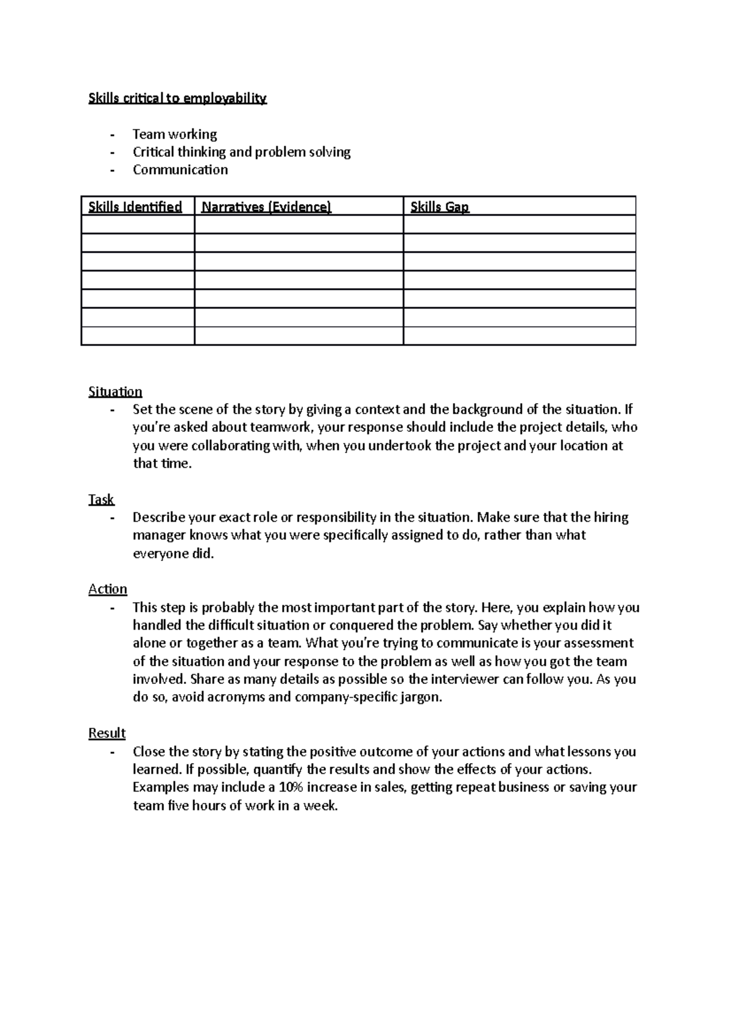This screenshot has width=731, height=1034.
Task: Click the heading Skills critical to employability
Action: tap(177, 98)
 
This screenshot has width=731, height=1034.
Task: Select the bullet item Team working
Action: tap(175, 134)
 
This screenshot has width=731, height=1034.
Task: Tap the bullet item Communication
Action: tap(180, 170)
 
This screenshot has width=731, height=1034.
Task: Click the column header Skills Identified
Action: tap(135, 207)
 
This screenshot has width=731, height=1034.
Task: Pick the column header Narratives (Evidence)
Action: tap(266, 207)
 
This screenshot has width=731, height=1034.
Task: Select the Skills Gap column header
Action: tap(440, 207)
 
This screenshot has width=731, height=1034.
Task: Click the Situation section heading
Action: tap(115, 392)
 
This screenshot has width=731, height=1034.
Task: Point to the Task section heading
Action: tap(101, 499)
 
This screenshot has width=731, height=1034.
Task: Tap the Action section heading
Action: tap(108, 589)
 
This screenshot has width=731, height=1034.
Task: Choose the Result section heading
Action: tap(107, 733)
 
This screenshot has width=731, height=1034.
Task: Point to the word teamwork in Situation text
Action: tap(282, 427)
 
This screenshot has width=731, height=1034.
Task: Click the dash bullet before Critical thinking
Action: tap(112, 152)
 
